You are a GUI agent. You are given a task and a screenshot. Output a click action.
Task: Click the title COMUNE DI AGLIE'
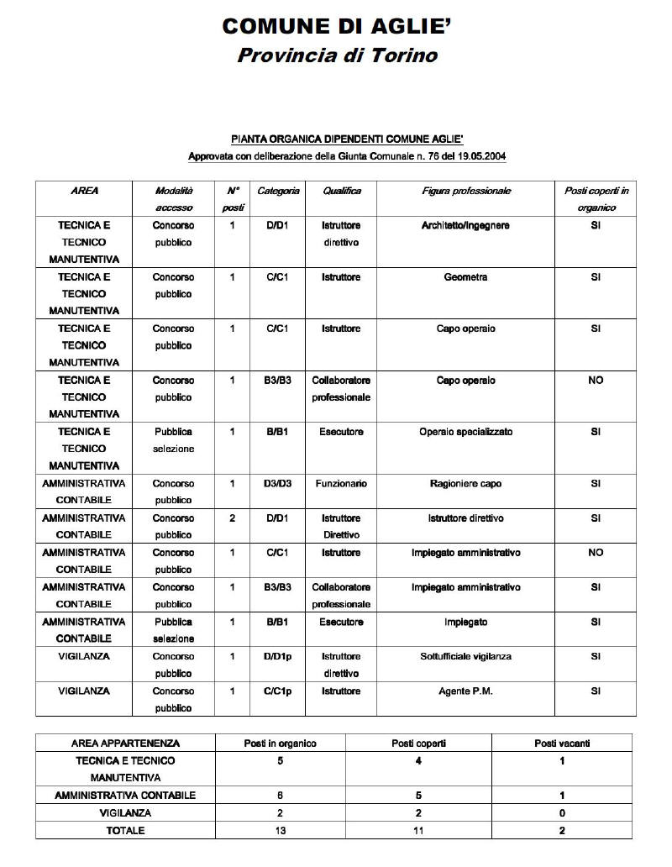point(336,26)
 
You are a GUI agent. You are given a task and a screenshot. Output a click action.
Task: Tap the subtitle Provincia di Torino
point(337,56)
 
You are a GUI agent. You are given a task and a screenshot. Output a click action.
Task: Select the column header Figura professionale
point(465,191)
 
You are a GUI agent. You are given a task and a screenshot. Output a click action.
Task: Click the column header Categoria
point(278,191)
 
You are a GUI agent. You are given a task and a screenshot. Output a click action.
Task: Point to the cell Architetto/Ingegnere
point(465,225)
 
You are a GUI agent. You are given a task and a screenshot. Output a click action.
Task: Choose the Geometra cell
point(465,276)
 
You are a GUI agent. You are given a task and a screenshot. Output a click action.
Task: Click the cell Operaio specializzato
point(465,431)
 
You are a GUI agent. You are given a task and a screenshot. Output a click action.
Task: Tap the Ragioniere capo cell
point(465,483)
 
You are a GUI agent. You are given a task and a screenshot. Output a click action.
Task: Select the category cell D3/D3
point(278,483)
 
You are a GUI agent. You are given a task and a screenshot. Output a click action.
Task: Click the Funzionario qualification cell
point(341,483)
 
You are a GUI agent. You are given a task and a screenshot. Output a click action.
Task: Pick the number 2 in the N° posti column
point(232,518)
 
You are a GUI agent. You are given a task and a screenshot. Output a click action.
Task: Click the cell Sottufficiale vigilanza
point(465,655)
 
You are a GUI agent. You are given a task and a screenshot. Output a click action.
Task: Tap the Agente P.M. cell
point(465,691)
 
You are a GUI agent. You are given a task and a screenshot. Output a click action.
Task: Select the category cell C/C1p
point(278,691)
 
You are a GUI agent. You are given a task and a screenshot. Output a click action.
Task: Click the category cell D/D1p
point(278,655)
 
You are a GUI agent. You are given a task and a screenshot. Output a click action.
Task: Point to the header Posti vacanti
point(562,743)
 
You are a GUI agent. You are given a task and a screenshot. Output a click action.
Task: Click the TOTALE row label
point(125,830)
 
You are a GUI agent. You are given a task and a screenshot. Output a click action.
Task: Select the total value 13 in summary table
point(280,830)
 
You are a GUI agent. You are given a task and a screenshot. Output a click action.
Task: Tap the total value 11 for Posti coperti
point(418,830)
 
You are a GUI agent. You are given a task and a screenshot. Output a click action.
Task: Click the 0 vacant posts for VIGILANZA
point(562,812)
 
